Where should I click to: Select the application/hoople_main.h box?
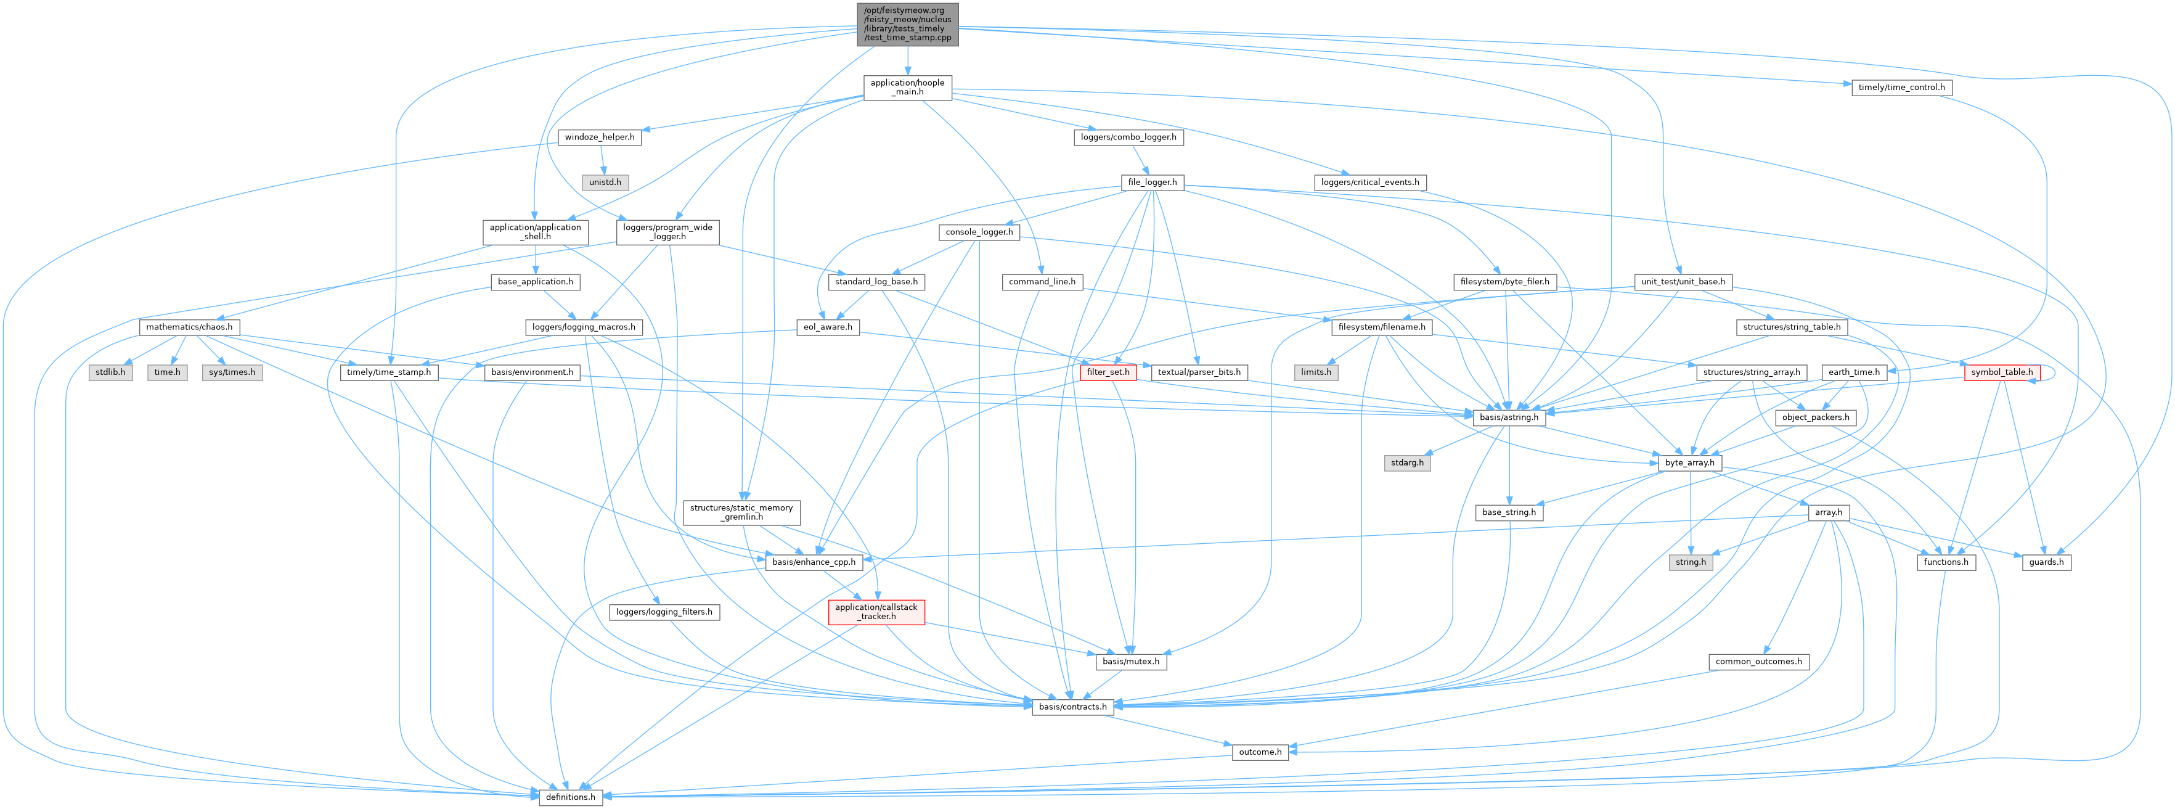tap(907, 88)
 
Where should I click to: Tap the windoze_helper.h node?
tap(600, 137)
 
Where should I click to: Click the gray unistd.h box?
tap(605, 183)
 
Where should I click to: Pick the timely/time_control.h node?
tap(1901, 88)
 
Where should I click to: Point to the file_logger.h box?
tap(1152, 183)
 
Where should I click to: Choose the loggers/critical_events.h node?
tap(1369, 183)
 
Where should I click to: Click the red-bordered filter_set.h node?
tap(1108, 372)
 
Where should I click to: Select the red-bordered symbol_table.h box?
tap(2001, 372)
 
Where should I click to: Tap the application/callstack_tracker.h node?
tap(876, 612)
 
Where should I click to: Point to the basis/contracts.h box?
tap(1072, 707)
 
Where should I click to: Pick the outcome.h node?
tap(1260, 752)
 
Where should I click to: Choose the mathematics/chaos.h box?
tap(189, 327)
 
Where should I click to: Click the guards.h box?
tap(2046, 562)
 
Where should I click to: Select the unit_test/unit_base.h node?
tap(1682, 282)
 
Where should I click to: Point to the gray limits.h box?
tap(1315, 372)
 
